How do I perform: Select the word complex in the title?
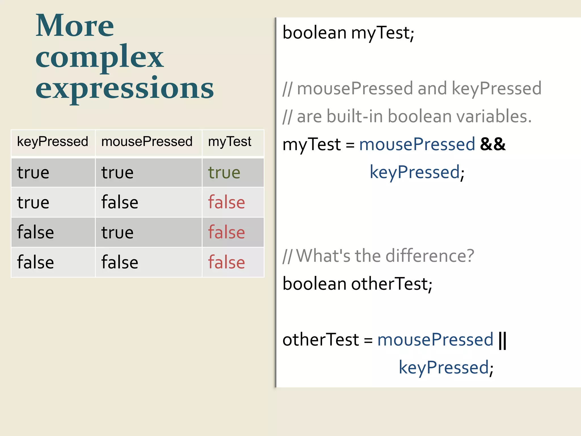pos(99,58)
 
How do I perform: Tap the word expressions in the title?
pos(125,89)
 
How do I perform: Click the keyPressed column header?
pos(52,141)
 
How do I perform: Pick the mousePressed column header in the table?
pos(147,141)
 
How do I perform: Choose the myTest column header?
pos(230,141)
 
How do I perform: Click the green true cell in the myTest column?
pos(224,173)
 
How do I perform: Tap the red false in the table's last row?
pos(226,262)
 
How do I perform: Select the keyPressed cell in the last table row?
pos(35,262)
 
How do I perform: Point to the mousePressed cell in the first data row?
pos(117,173)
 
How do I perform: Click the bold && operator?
pos(493,144)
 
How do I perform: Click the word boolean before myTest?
pos(314,33)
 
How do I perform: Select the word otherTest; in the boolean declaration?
pos(392,284)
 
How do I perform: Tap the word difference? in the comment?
pos(430,256)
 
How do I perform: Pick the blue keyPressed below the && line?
pos(415,172)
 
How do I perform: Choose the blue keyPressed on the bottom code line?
pos(444,367)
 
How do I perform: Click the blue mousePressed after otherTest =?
pos(435,339)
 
